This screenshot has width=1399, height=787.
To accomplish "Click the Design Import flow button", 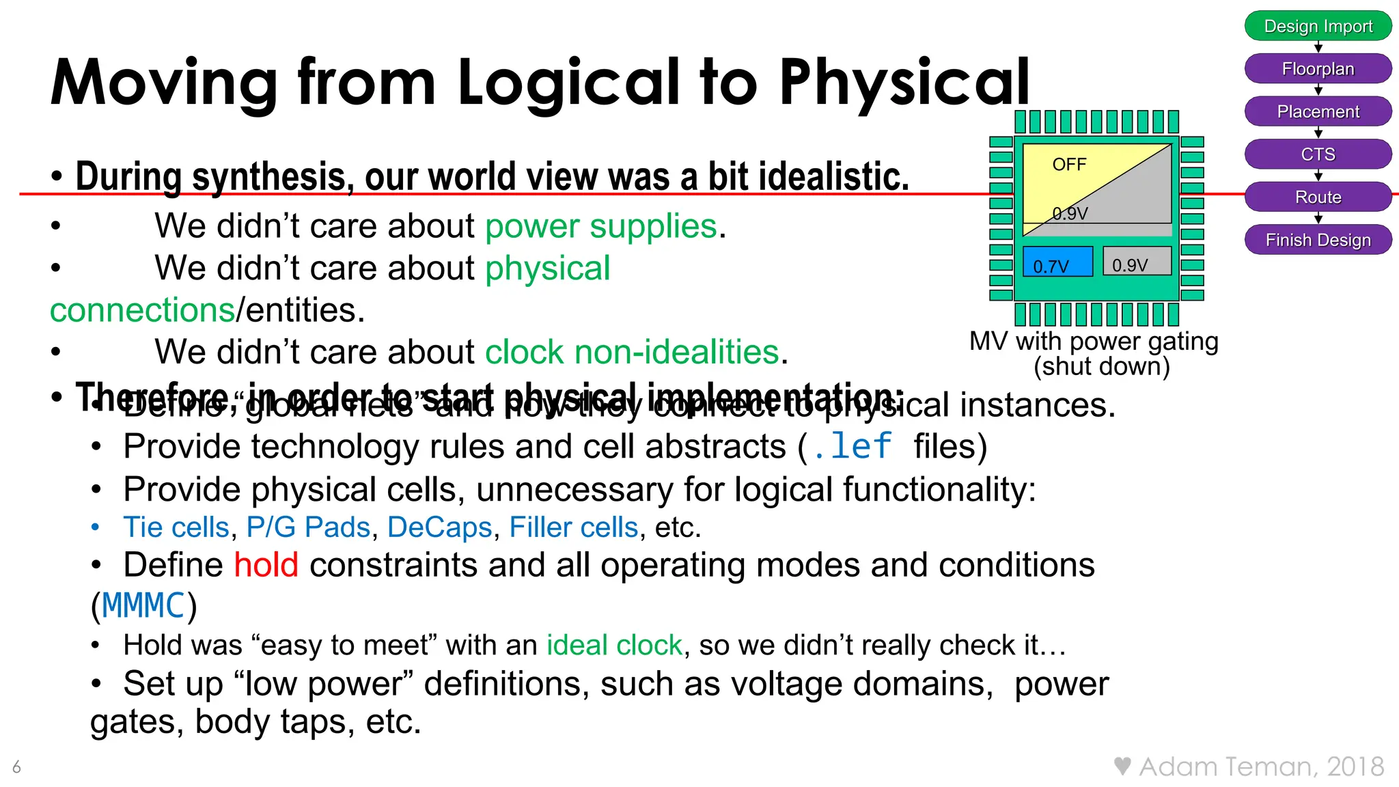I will (1318, 26).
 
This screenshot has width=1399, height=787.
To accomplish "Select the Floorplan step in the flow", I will (1318, 69).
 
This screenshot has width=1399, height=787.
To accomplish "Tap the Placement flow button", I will (1318, 111).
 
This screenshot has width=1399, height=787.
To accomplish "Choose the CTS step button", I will (1318, 154).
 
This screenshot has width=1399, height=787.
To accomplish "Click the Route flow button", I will (1318, 197).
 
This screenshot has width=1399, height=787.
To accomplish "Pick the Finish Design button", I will (1318, 240).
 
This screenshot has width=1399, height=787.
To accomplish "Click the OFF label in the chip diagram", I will (1069, 165).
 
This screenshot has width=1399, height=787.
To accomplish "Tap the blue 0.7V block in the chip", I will (1057, 262).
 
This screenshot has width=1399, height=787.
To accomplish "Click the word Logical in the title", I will (569, 83).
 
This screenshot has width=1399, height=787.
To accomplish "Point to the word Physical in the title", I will (904, 84).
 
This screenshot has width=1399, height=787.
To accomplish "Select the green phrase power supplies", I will (601, 226).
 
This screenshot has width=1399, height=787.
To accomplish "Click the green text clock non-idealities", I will (632, 353).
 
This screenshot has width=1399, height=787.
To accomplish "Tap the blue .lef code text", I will (852, 447).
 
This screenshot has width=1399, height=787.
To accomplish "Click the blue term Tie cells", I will (176, 527).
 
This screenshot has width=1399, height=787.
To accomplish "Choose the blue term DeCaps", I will (439, 527).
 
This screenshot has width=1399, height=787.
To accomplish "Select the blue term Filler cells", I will (573, 527).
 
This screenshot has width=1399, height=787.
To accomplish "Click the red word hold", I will (266, 565).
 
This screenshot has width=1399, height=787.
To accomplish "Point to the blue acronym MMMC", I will (143, 606).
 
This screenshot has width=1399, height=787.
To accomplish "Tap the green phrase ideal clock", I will (614, 645).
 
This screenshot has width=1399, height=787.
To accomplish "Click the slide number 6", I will (16, 767).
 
